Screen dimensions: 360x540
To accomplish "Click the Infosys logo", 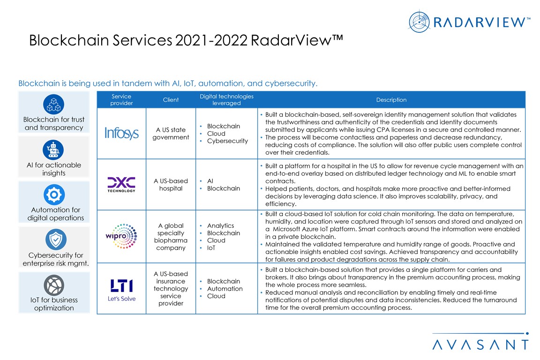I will point(121,134).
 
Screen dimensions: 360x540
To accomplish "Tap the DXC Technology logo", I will point(121,184).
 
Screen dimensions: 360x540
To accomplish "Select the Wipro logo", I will point(121,237).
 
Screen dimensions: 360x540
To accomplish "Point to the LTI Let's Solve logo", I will point(121,289).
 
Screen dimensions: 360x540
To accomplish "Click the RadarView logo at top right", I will point(469,22).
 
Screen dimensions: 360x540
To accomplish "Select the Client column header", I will point(171,100).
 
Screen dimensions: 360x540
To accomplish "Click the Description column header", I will point(391,100).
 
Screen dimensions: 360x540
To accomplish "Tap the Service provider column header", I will point(121,100).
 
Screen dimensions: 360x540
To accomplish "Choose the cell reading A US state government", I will point(171,134).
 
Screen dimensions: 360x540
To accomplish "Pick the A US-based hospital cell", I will point(171,185).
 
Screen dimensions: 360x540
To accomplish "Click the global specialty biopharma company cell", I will point(171,237).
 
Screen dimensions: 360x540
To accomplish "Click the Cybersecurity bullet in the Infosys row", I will point(227,141).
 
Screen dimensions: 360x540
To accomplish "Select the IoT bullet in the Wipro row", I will point(211,248).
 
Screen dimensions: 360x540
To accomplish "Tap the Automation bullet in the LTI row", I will point(225,289).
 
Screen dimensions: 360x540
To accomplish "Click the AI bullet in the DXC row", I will point(211,181).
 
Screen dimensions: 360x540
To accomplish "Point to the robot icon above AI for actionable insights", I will point(53,150).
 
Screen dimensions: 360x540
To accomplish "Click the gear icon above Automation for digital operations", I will point(53,195).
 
